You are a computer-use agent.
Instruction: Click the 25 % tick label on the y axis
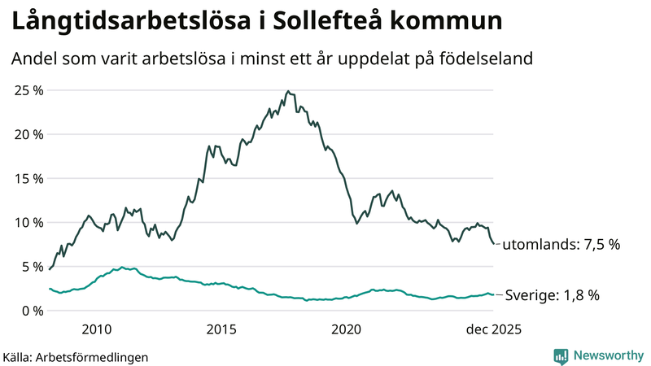[x=28, y=89]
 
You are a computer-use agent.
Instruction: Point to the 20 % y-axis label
[x=28, y=134]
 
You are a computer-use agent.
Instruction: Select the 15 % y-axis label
[x=28, y=178]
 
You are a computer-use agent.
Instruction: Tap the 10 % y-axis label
[x=28, y=222]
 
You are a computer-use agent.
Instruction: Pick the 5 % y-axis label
[x=31, y=266]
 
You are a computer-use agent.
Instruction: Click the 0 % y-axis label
[x=31, y=310]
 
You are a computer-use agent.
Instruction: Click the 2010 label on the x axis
[x=96, y=329]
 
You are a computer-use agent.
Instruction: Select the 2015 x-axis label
[x=221, y=329]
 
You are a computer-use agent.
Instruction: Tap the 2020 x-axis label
[x=347, y=329]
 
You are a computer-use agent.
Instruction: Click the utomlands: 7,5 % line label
[x=561, y=245]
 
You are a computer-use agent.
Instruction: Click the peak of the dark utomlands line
[x=288, y=91]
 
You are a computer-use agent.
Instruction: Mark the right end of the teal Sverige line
[x=494, y=294]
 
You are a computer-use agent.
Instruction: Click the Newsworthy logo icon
[x=561, y=355]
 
